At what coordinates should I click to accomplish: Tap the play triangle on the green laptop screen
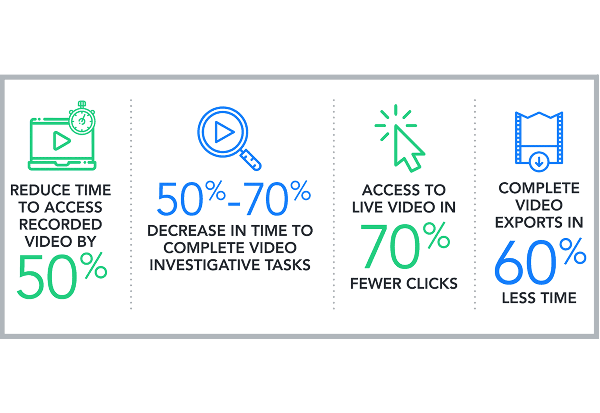coord(61,141)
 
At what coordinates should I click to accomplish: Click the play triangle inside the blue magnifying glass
coord(223,132)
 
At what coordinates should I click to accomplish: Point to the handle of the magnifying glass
coord(251,160)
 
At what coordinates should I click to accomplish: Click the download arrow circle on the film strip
coord(539,162)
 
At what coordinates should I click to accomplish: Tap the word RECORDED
coord(60,225)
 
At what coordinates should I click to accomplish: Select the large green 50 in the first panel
coord(47,277)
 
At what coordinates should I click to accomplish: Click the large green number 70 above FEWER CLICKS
coord(390,246)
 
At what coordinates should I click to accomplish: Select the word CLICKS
coord(432,284)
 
